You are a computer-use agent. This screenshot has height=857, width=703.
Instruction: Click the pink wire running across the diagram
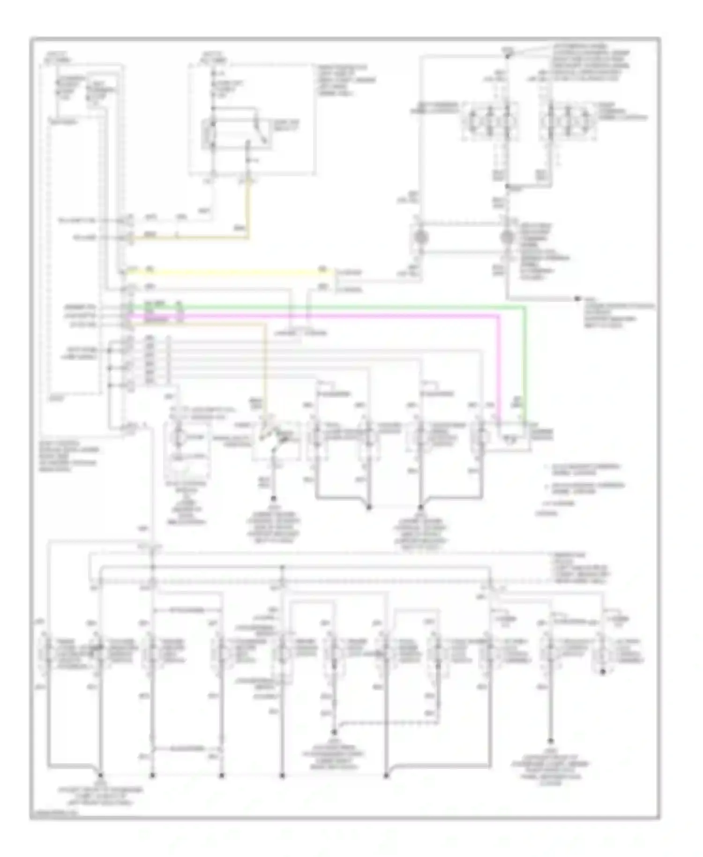click(x=328, y=316)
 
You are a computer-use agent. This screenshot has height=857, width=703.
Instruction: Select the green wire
click(x=328, y=308)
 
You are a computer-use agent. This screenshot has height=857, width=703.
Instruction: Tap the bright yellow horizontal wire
click(x=225, y=271)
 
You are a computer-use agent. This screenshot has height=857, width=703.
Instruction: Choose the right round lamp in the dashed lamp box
click(x=508, y=238)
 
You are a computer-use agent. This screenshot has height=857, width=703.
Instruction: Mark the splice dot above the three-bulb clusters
click(x=508, y=55)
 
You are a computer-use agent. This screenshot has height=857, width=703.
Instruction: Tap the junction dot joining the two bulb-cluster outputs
click(x=508, y=187)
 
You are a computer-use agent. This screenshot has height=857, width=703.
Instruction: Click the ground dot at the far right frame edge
click(x=578, y=298)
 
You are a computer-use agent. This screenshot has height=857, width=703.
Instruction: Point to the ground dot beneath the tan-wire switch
click(x=274, y=499)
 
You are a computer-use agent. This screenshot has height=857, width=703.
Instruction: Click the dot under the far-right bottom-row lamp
click(x=604, y=672)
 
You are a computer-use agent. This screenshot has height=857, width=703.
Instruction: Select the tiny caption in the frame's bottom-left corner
click(x=53, y=815)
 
